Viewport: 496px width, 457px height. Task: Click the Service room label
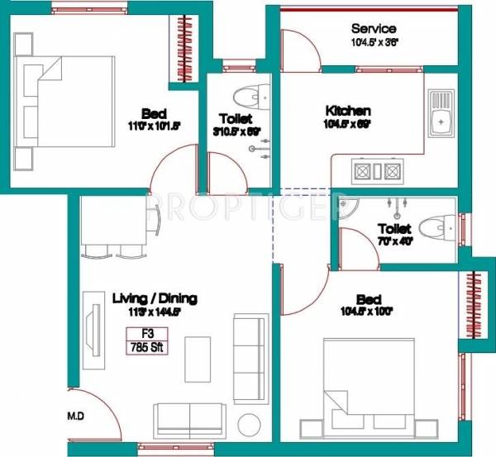coord(374,28)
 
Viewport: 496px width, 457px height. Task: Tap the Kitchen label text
coord(347,111)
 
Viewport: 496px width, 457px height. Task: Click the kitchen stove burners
coord(377,172)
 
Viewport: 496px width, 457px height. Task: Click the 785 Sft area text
coord(146,347)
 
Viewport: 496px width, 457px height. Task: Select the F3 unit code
coord(146,334)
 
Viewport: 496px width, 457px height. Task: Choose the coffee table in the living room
coord(197,357)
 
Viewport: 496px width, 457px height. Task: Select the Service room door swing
coord(300,49)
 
